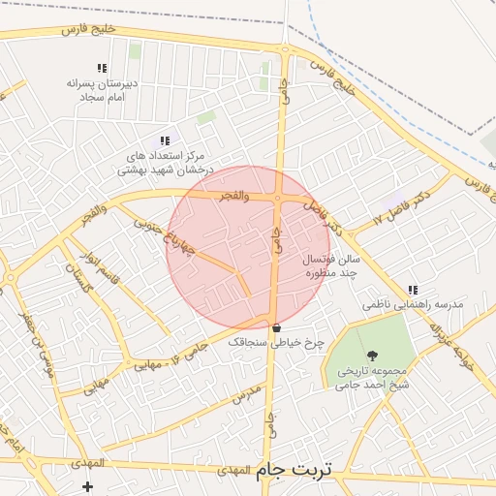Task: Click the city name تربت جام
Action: [x=293, y=470]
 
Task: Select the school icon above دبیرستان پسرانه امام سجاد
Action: [x=101, y=68]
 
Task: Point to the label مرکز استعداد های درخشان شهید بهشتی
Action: [x=163, y=162]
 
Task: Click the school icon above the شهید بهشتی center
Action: [x=164, y=140]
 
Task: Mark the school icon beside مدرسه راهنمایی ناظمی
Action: [x=414, y=289]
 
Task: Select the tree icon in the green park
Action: [x=373, y=356]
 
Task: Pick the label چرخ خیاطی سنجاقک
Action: [x=274, y=342]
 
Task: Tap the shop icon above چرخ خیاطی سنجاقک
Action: [x=276, y=326]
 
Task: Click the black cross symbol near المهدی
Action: [x=89, y=484]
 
